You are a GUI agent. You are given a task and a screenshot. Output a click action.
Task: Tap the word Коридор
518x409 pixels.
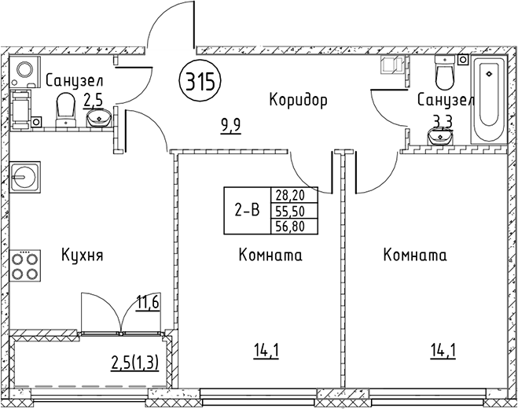(x=297, y=100)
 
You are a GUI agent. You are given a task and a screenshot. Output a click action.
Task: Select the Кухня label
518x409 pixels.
(x=83, y=256)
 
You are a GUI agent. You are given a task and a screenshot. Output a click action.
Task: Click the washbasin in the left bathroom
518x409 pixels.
(x=98, y=119)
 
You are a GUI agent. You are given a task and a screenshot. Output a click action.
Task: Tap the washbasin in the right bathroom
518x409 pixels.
(x=441, y=138)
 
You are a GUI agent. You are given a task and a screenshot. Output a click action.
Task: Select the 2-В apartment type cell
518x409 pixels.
(x=248, y=210)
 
